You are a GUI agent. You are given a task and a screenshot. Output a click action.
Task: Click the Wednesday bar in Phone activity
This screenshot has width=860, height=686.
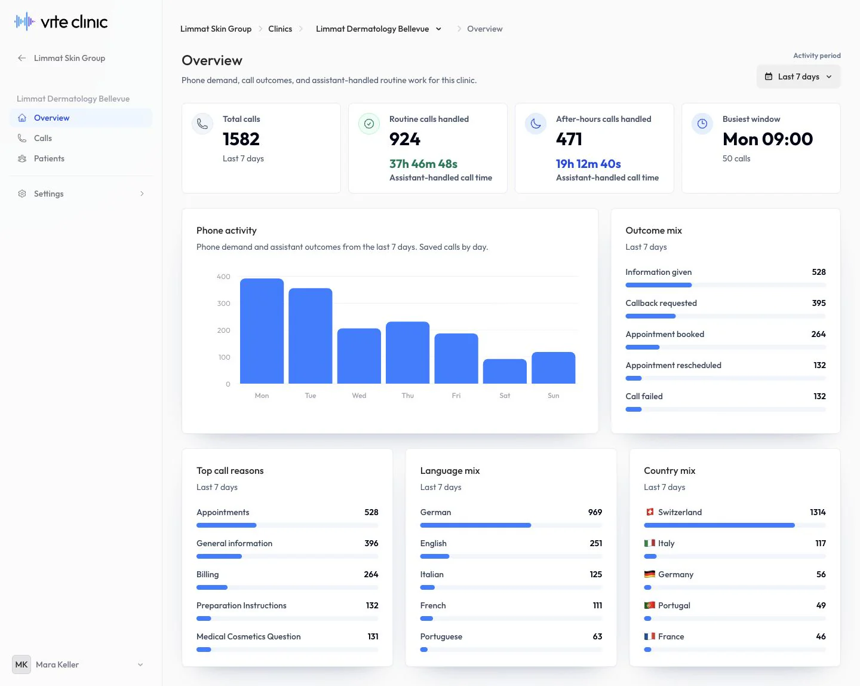pyautogui.click(x=359, y=356)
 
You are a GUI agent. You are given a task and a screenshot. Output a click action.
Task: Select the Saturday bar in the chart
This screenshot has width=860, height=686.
pyautogui.click(x=505, y=371)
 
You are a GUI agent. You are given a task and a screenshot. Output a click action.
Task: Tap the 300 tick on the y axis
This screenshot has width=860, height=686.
pyautogui.click(x=223, y=303)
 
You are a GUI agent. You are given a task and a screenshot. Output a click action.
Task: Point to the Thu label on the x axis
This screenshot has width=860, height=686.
pyautogui.click(x=408, y=395)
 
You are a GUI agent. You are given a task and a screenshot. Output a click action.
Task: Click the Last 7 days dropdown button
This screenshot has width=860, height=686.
pyautogui.click(x=798, y=76)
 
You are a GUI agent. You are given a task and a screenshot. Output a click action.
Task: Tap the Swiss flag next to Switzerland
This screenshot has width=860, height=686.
pyautogui.click(x=650, y=512)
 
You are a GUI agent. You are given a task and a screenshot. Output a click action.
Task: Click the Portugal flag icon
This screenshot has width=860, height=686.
pyautogui.click(x=649, y=605)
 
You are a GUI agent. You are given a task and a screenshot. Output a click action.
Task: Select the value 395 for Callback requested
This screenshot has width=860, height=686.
pyautogui.click(x=818, y=303)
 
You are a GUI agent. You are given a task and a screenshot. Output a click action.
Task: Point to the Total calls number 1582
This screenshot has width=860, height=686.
pyautogui.click(x=241, y=139)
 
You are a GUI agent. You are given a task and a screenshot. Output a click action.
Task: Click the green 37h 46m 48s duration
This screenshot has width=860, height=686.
pyautogui.click(x=423, y=164)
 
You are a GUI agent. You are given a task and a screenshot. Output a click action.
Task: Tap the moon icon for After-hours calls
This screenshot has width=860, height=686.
pyautogui.click(x=536, y=124)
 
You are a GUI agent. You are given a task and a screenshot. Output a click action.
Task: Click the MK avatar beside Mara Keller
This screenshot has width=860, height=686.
pyautogui.click(x=21, y=664)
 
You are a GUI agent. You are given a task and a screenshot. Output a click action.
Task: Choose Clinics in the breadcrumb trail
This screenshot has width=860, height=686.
pyautogui.click(x=279, y=29)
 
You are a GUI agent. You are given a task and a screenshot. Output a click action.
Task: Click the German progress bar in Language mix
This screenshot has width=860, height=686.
pyautogui.click(x=475, y=525)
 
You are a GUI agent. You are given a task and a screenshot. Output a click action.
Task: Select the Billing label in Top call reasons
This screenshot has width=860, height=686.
pyautogui.click(x=207, y=574)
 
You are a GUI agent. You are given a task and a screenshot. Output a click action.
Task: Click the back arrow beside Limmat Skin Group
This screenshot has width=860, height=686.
pyautogui.click(x=22, y=58)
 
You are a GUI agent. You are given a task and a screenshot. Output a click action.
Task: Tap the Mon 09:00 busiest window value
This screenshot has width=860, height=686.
pyautogui.click(x=767, y=139)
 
